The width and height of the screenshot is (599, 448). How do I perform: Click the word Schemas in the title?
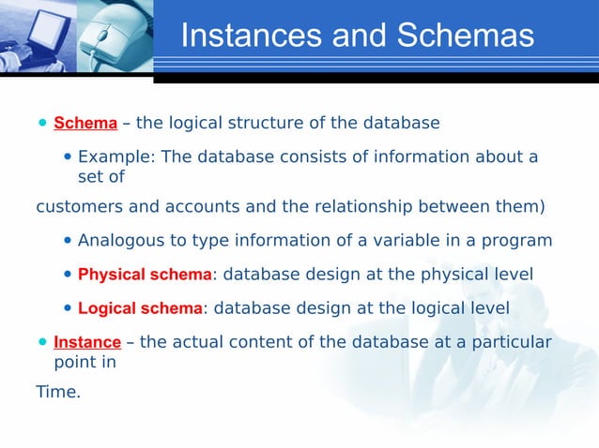point(465,36)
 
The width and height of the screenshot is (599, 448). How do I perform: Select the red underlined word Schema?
point(85,124)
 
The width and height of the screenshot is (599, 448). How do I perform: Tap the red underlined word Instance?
point(87,342)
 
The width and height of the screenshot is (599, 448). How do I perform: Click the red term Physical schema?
point(145,275)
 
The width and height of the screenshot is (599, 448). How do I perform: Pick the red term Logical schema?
point(140,308)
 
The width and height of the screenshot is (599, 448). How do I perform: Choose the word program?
point(516,241)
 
